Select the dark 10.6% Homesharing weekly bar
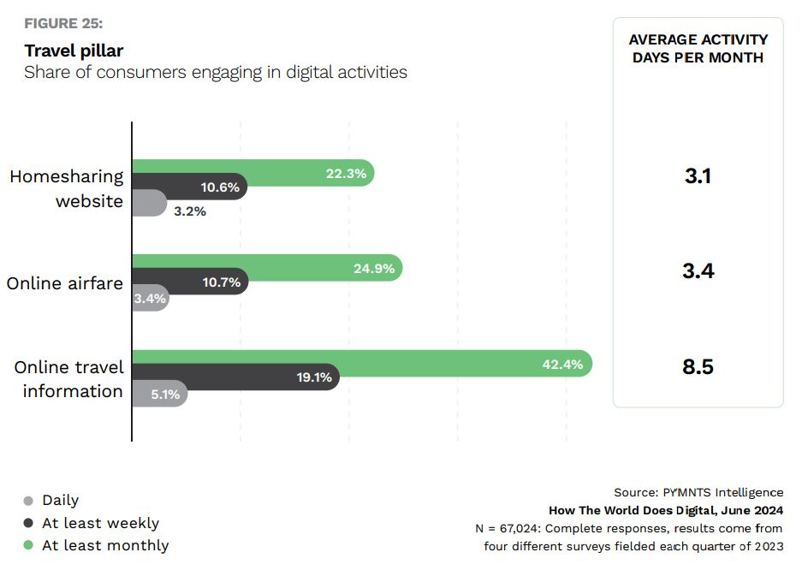tap(189, 187)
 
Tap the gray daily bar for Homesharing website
tap(149, 204)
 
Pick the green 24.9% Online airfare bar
tap(266, 268)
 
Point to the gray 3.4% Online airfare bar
tap(151, 299)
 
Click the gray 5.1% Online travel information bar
tap(159, 394)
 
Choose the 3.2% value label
tap(190, 211)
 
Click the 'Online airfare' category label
tap(65, 282)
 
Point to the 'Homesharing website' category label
tap(67, 189)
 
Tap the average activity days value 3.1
tap(698, 176)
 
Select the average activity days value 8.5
tap(698, 367)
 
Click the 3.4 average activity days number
tap(698, 271)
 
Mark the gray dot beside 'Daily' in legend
tap(29, 501)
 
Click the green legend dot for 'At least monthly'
tap(29, 545)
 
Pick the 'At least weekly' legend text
tap(100, 523)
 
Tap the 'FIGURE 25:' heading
tap(63, 23)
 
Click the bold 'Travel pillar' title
tap(74, 50)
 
